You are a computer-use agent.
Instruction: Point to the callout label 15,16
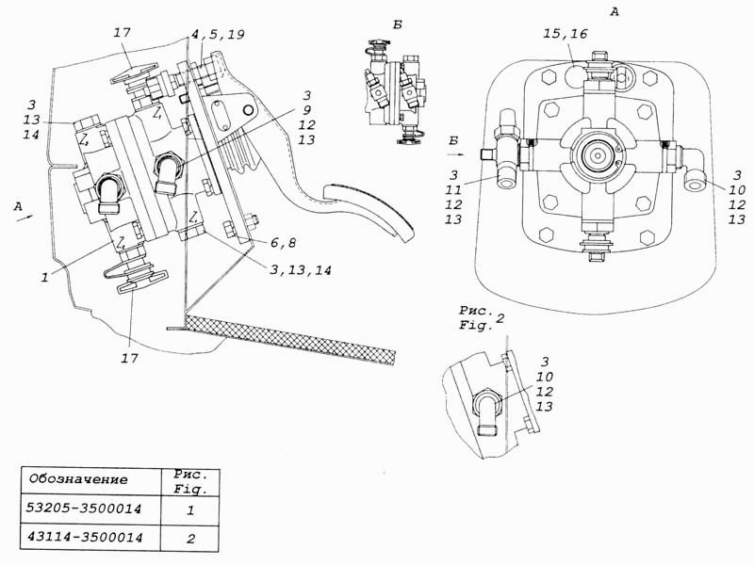pos(565,34)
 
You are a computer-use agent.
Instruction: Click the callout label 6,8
pos(283,243)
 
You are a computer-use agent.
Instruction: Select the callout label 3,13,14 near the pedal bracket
pos(301,270)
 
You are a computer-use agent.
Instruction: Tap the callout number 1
pos(44,277)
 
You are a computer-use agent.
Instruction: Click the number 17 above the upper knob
pos(123,33)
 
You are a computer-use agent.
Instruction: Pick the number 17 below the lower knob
pos(129,359)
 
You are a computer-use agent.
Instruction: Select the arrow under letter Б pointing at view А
pos(455,154)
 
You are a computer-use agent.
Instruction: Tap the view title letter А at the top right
pos(615,12)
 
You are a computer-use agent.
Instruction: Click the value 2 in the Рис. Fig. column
pos(191,539)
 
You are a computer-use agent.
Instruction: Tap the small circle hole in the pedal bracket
pos(249,110)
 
